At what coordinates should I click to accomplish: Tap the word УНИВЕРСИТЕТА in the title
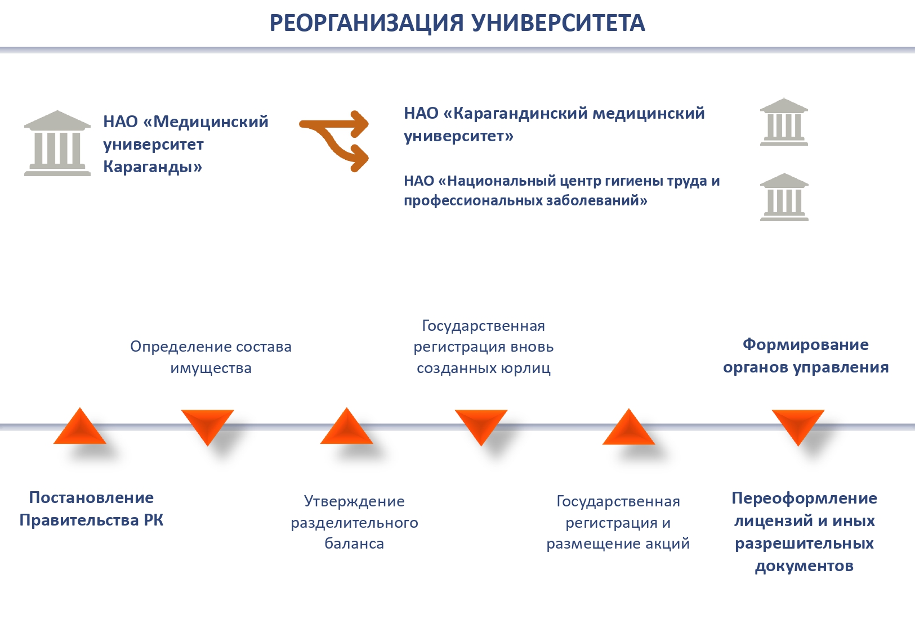tap(558, 23)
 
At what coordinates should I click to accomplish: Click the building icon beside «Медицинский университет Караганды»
tap(57, 143)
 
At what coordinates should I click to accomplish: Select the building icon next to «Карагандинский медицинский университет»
tap(784, 122)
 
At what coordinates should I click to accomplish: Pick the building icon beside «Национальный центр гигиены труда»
tap(784, 197)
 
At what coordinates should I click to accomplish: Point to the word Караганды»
tap(152, 167)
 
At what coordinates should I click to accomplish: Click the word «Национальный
tap(496, 181)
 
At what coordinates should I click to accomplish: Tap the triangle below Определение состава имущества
tap(207, 425)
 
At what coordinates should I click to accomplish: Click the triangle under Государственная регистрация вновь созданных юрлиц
tap(481, 425)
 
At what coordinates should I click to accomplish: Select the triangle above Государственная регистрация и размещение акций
tap(628, 429)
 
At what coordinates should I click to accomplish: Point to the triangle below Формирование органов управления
tap(798, 425)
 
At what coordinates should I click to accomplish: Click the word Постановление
tap(91, 498)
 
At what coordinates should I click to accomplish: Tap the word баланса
tap(354, 544)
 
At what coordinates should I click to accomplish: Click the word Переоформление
tap(804, 499)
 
